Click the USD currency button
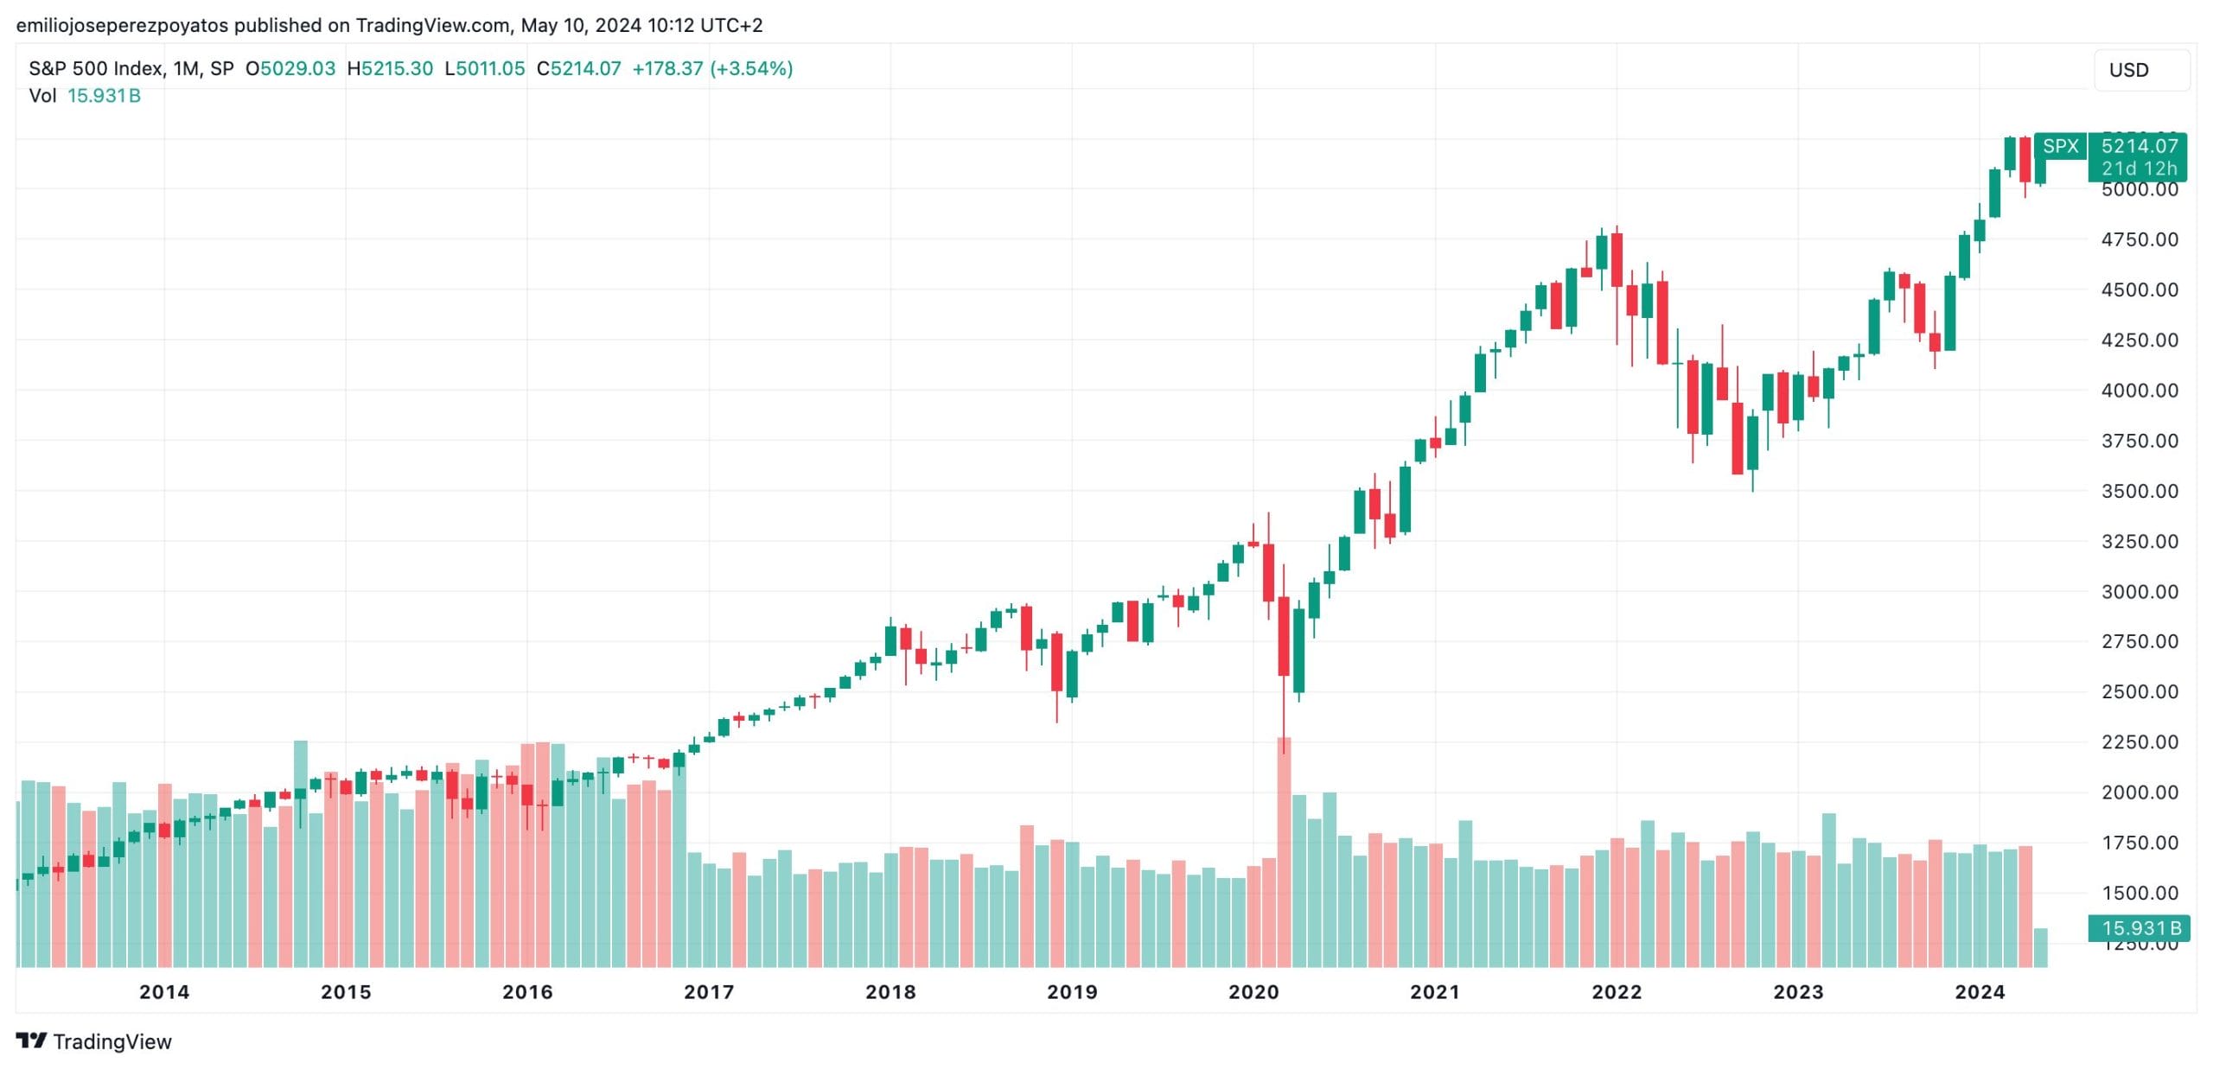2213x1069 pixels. coord(2140,70)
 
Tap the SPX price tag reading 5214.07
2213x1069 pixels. coord(2139,146)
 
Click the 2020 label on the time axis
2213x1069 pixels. coord(1253,992)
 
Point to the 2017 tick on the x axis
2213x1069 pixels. coord(709,992)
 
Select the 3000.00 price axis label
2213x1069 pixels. coord(2140,592)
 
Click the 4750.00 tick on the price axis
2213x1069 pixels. coord(2140,239)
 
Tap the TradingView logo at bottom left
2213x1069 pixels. coord(94,1041)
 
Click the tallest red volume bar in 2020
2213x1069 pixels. coord(1284,851)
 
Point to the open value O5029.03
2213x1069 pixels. coord(290,68)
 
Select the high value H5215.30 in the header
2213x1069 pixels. coord(390,68)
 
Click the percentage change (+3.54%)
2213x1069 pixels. coord(751,68)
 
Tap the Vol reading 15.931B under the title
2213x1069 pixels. coord(104,96)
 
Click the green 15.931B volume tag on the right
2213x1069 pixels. coord(2139,928)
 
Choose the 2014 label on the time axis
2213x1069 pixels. coord(164,992)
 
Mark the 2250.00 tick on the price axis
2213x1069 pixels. coord(2140,742)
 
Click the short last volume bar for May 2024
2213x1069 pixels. coord(2040,947)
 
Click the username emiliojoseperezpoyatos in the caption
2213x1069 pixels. coord(122,25)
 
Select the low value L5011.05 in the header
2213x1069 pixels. coord(485,68)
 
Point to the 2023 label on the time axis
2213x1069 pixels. coord(1798,992)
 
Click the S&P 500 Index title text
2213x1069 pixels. coord(95,68)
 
